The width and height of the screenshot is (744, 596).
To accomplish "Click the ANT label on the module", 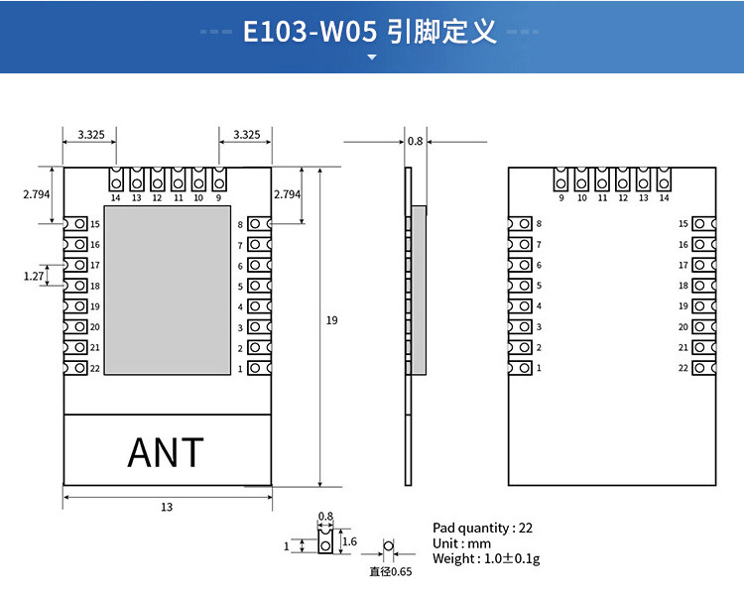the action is click(x=166, y=452).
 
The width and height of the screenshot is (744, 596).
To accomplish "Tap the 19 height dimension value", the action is click(x=331, y=320).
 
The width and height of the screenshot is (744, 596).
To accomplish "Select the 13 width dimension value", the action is click(x=167, y=507).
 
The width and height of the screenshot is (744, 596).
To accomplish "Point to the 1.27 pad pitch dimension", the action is click(x=34, y=276).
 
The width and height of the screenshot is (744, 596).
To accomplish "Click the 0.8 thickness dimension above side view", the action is click(x=416, y=141).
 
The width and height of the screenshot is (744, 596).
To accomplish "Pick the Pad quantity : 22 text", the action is click(x=482, y=528).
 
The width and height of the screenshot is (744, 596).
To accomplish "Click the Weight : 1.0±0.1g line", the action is click(x=486, y=558).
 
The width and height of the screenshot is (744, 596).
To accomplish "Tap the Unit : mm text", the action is click(x=461, y=543).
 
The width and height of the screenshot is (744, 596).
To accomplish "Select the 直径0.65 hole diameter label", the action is click(x=391, y=571).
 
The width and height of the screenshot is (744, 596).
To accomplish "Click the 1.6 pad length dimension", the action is click(x=349, y=541).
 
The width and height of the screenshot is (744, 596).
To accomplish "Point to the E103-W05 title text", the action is click(x=310, y=32).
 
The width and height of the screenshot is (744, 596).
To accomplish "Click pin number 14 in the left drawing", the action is click(x=115, y=198).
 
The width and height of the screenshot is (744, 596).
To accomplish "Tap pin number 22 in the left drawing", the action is click(x=95, y=368).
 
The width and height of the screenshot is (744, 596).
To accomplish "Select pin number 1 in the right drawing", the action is click(x=539, y=368).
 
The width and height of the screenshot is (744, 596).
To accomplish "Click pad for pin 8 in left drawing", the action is click(x=260, y=223).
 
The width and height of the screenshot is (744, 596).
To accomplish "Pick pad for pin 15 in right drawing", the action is click(x=704, y=223).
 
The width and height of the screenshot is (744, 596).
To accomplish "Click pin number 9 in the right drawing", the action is click(x=561, y=198).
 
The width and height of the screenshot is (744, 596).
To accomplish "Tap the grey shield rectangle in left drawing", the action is click(x=168, y=290).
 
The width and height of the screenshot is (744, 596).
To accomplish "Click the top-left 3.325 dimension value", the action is click(x=91, y=135).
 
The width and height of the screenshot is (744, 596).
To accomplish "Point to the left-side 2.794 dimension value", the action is click(x=37, y=194).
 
